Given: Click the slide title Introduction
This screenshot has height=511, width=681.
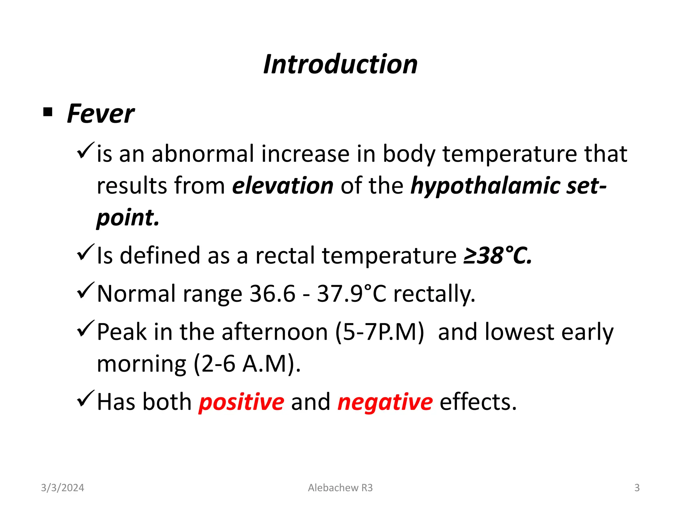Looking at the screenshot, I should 340,64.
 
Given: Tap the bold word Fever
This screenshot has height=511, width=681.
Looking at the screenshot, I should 100,114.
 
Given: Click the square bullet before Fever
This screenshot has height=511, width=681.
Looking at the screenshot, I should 48,112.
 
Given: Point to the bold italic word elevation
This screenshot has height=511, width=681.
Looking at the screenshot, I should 283,186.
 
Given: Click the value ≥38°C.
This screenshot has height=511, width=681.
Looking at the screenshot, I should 498,256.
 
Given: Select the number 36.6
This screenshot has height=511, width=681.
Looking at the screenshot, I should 272,294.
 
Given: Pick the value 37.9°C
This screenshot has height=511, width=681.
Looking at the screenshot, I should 351,294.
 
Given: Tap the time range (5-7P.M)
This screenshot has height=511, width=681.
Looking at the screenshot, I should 379,332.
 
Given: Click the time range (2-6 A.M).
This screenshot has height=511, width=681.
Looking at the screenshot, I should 247,364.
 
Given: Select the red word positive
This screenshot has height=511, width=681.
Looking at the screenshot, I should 241,402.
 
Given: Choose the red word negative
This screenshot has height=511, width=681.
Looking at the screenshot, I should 385,402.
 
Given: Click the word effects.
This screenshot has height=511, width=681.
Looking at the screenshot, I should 478,402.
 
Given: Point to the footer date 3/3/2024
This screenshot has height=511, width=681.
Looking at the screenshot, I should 63,488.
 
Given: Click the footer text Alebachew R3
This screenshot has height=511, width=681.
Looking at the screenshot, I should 340,488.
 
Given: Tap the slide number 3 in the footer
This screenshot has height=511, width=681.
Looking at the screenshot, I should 637,488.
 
